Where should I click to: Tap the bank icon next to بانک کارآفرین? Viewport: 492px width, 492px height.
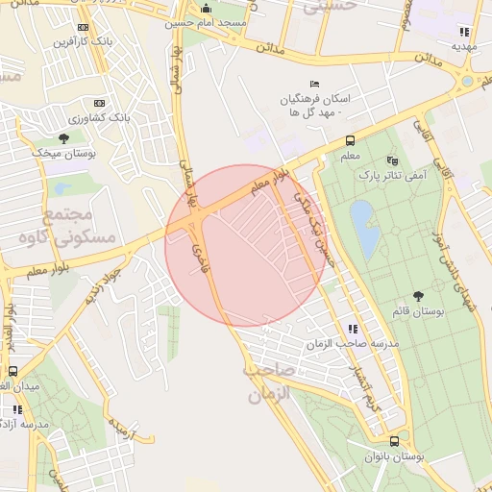pos(83,27)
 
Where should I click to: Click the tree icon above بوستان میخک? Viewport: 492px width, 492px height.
pos(63,138)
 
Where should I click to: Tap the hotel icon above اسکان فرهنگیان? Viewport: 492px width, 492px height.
pos(314,84)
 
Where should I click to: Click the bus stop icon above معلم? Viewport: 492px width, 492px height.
pos(351,140)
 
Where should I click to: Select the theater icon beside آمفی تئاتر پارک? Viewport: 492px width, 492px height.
pos(390,160)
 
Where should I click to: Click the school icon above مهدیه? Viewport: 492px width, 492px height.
pos(466,31)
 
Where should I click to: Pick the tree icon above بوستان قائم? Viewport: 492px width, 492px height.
pos(418,296)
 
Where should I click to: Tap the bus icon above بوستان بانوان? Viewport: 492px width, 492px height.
pos(394,441)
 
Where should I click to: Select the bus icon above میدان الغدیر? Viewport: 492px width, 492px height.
pos(13,371)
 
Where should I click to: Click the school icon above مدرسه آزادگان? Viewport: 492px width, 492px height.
pos(14,409)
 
